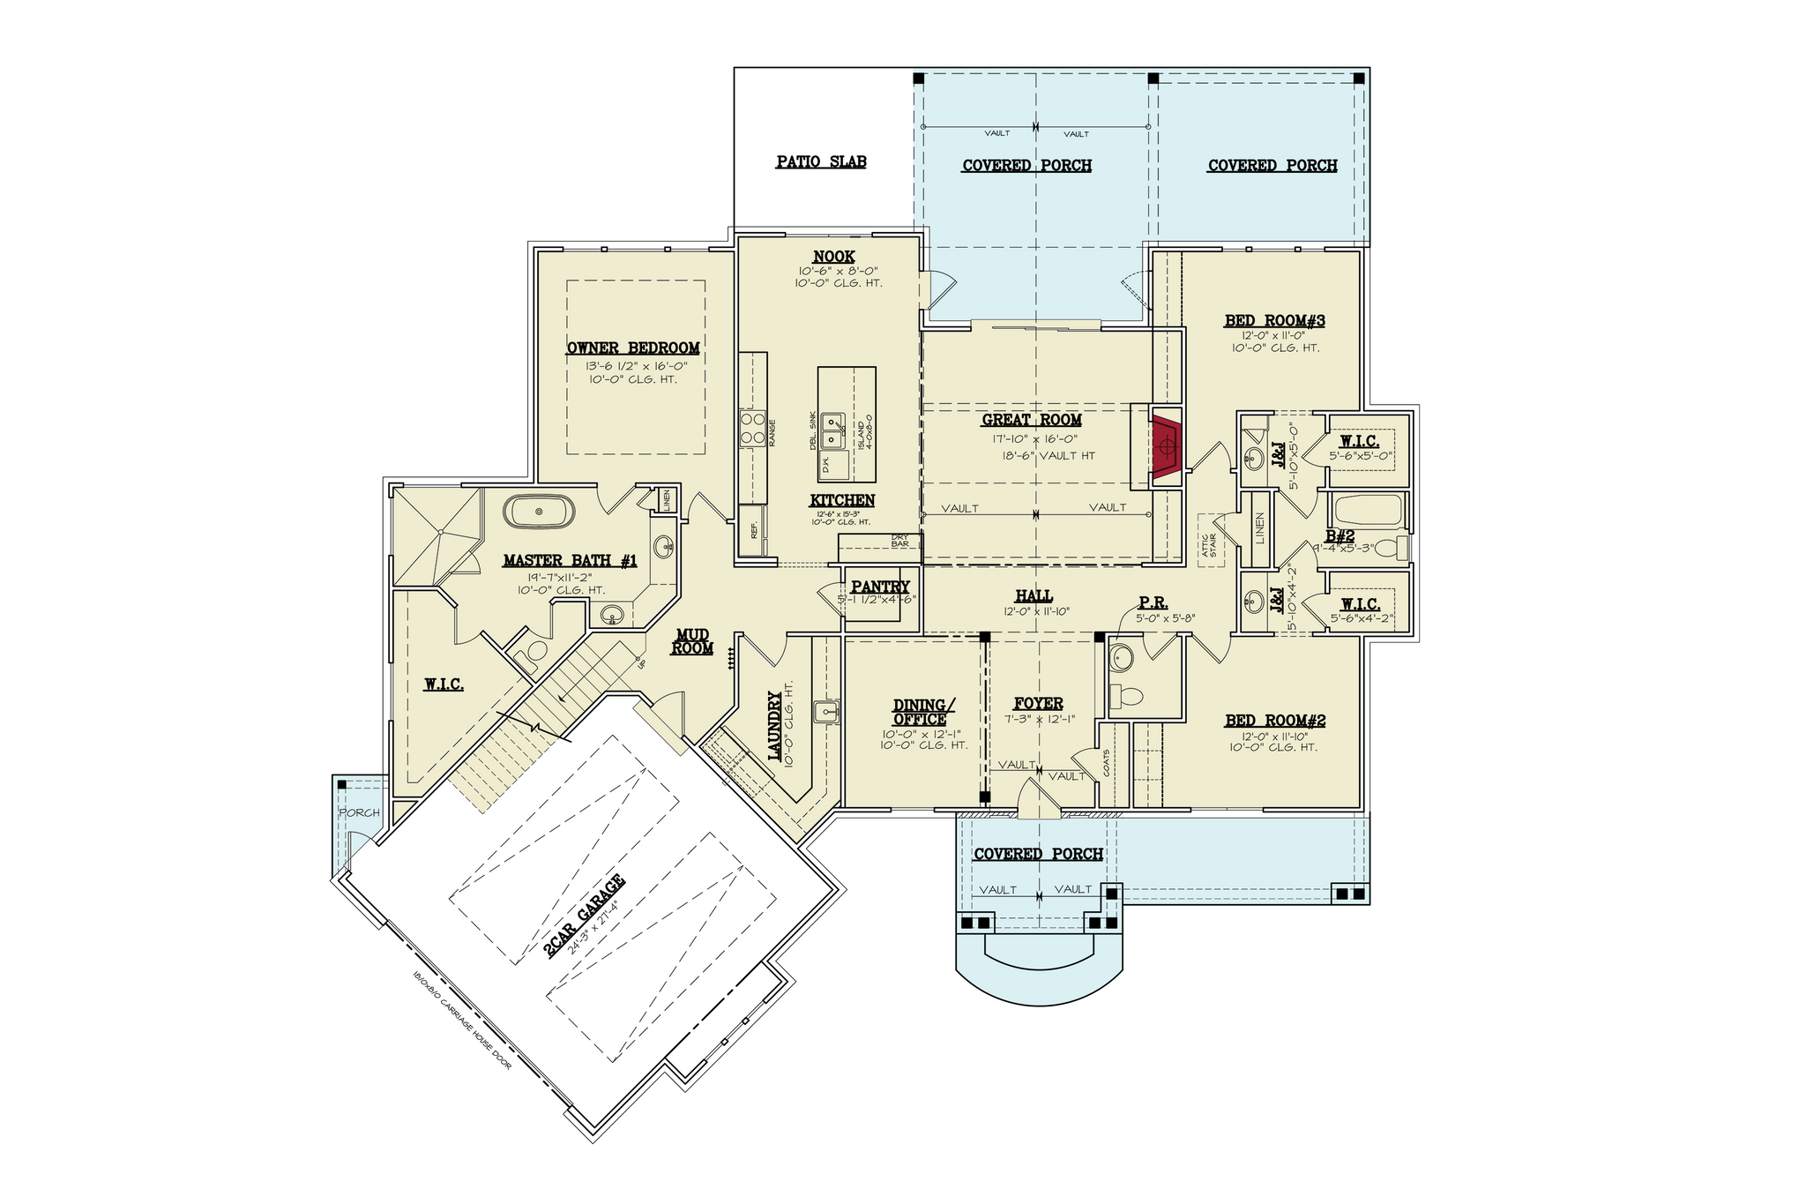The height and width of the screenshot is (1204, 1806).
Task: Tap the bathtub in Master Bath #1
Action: (x=540, y=512)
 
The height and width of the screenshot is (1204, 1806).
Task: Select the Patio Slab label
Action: (x=821, y=162)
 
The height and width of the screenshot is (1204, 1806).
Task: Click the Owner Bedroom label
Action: (x=633, y=348)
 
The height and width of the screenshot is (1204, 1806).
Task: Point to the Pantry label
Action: (x=880, y=587)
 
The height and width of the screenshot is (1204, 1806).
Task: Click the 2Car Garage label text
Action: (x=584, y=916)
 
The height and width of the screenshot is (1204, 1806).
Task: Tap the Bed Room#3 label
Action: (x=1274, y=320)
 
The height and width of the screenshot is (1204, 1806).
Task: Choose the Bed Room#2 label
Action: (x=1274, y=721)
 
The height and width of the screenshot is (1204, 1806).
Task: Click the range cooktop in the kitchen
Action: (x=752, y=429)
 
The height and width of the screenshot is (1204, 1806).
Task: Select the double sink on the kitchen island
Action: (x=832, y=430)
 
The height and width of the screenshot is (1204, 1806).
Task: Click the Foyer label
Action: (x=1038, y=703)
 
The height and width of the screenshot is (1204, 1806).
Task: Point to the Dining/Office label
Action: (x=923, y=712)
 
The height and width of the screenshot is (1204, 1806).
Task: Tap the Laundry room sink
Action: (x=826, y=710)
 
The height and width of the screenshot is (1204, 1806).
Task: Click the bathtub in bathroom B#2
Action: (x=1368, y=510)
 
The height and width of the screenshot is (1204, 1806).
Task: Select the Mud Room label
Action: (x=692, y=641)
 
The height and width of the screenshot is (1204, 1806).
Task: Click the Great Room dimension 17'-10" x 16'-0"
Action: (x=1031, y=438)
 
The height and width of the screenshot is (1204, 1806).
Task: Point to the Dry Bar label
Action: (x=899, y=540)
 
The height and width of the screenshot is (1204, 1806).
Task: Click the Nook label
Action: (x=833, y=257)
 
